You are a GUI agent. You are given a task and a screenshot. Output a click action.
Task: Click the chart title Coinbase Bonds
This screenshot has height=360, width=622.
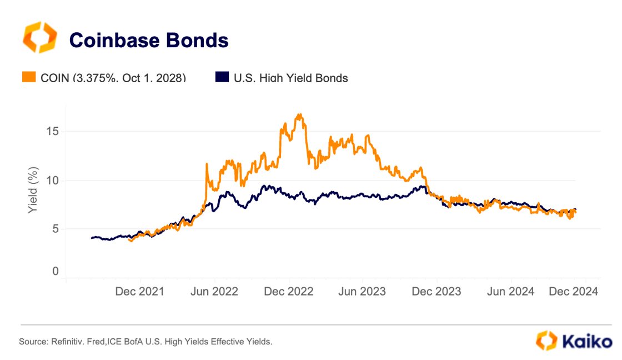pyautogui.click(x=148, y=40)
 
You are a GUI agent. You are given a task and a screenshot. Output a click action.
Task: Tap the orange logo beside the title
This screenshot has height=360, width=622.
pyautogui.click(x=38, y=38)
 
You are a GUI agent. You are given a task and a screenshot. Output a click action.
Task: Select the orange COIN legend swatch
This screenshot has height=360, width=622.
pyautogui.click(x=29, y=78)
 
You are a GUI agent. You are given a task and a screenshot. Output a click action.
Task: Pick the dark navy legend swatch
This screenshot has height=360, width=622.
pyautogui.click(x=222, y=78)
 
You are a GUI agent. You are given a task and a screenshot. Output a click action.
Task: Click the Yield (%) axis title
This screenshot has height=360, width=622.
pyautogui.click(x=33, y=190)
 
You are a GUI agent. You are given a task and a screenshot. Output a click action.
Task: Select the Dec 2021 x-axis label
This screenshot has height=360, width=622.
pyautogui.click(x=140, y=292)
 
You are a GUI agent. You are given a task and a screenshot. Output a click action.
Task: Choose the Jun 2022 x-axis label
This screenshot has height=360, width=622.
pyautogui.click(x=214, y=292)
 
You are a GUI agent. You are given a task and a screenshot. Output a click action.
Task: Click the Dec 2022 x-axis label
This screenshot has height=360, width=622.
pyautogui.click(x=289, y=292)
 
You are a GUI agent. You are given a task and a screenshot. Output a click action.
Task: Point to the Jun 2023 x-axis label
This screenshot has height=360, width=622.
pyautogui.click(x=362, y=292)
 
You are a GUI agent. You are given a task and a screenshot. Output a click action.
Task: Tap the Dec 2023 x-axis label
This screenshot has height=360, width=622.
pyautogui.click(x=437, y=292)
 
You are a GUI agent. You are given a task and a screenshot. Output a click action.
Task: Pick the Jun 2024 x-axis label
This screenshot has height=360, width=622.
pyautogui.click(x=510, y=292)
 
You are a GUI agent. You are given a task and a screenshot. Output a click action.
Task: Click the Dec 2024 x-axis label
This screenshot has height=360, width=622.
pyautogui.click(x=574, y=292)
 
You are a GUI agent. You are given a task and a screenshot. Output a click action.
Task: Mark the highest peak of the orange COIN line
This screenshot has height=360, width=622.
pyautogui.click(x=300, y=114)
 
